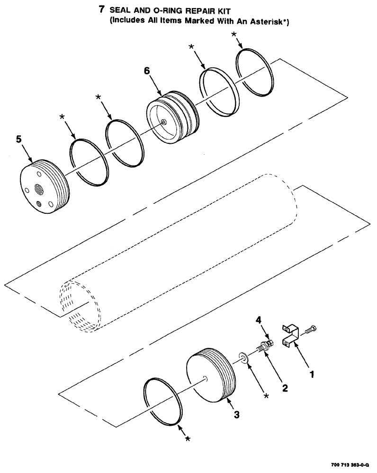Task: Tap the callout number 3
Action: coord(237,415)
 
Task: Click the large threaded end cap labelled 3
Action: coord(211,374)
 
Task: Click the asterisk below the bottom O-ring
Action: coord(188,439)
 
